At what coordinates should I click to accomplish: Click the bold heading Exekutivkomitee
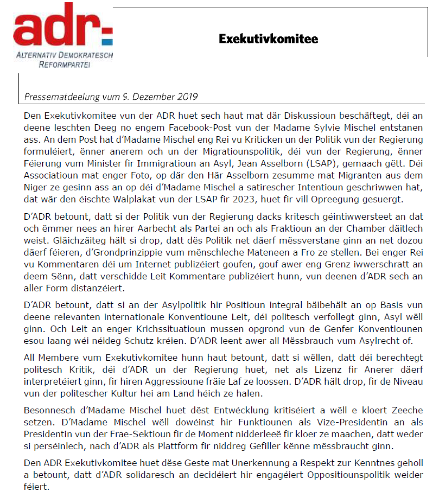268,39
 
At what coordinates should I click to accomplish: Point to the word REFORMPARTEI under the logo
65,65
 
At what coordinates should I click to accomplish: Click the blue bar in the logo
107,42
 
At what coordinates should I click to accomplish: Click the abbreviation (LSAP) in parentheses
321,163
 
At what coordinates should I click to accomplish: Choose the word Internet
154,264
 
